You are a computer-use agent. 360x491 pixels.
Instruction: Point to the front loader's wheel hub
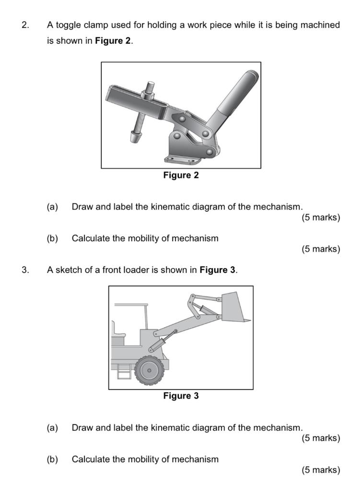(x=149, y=370)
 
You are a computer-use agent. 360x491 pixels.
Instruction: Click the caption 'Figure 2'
(x=181, y=175)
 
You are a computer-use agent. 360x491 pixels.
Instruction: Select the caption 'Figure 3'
(x=181, y=396)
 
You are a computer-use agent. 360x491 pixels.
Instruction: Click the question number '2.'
(x=25, y=25)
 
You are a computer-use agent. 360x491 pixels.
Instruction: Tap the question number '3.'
(x=25, y=270)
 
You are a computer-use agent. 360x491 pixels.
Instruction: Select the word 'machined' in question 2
(x=322, y=25)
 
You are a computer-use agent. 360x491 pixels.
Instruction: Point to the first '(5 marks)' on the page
(x=321, y=218)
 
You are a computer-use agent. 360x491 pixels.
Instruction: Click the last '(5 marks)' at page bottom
(x=321, y=470)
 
